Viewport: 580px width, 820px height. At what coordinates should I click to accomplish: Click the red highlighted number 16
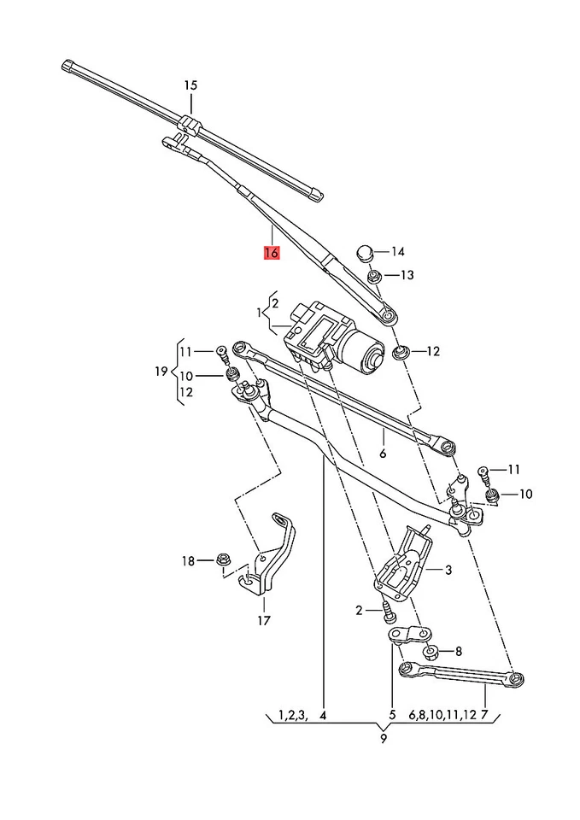[x=272, y=253]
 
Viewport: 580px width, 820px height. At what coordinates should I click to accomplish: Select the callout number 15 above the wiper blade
[x=190, y=85]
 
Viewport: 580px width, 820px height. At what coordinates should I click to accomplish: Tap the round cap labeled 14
[x=365, y=252]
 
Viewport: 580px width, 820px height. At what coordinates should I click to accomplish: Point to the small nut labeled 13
[x=374, y=275]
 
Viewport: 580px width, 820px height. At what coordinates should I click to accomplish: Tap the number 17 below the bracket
[x=263, y=620]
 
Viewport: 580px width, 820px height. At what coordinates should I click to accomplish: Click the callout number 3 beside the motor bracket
[x=448, y=569]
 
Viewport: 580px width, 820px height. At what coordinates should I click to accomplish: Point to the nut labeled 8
[x=431, y=651]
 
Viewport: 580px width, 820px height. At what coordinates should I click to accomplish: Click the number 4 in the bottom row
[x=323, y=714]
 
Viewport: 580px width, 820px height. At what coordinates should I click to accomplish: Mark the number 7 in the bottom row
[x=484, y=714]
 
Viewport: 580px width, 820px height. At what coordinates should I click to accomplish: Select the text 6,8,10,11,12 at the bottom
[x=442, y=714]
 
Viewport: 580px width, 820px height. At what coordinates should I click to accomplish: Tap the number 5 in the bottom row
[x=392, y=714]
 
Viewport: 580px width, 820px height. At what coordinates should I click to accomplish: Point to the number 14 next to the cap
[x=398, y=252]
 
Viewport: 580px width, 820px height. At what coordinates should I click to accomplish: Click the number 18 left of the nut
[x=188, y=560]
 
